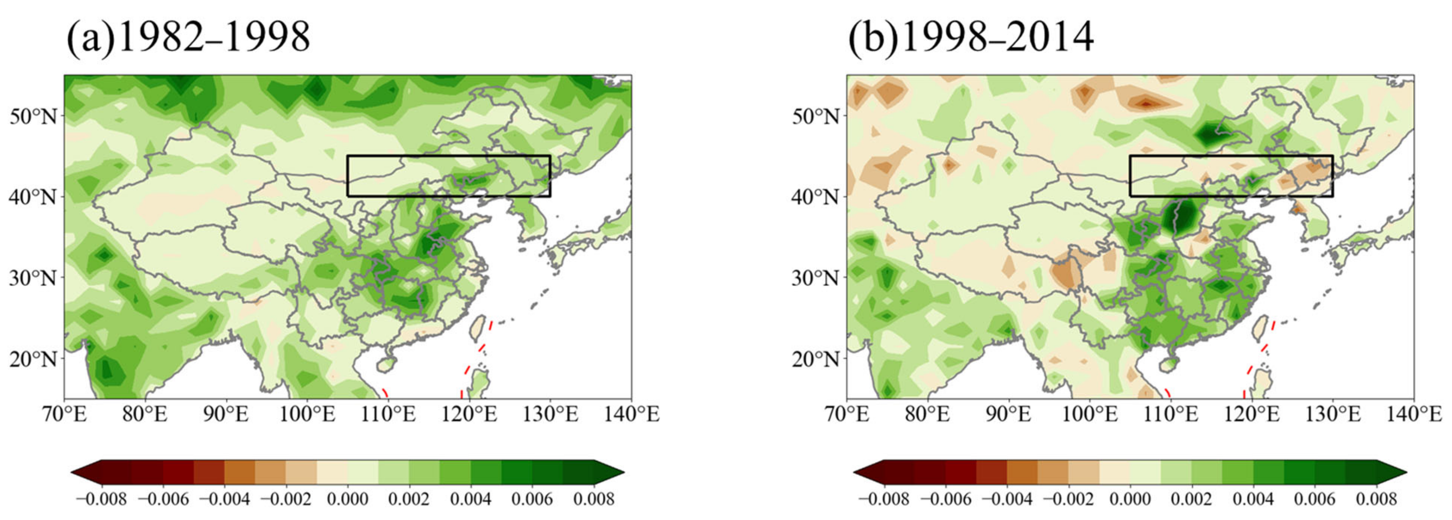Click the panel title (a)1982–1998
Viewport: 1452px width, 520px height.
pos(189,38)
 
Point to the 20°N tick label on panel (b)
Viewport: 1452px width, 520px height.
pos(815,359)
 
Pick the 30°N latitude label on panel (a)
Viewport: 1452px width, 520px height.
pos(33,278)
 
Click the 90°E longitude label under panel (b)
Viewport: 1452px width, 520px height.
pos(1008,415)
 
